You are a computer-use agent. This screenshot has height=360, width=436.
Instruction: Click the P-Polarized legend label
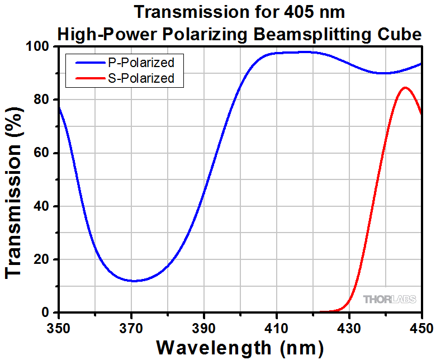click(x=141, y=62)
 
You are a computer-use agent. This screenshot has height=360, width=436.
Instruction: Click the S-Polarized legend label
click(x=141, y=78)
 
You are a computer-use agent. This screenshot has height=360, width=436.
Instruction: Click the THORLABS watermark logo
click(x=390, y=300)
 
